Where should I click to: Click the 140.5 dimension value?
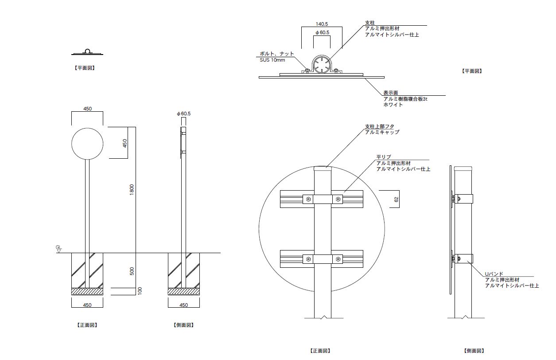[x=322, y=24]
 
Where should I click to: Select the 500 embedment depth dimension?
[x=132, y=271]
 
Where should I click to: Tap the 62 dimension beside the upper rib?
[x=397, y=200]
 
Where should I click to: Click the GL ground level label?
[x=58, y=247]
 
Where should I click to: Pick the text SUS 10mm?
[x=272, y=60]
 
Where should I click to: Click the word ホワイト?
[x=393, y=105]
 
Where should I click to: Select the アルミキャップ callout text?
[x=382, y=133]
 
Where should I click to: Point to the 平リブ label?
[x=384, y=157]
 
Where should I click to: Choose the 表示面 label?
[x=390, y=94]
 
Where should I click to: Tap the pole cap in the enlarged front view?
[x=322, y=168]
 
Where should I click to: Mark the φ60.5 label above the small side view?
[x=183, y=114]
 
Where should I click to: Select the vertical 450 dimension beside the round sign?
[x=125, y=143]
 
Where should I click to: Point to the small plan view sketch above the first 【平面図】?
[x=87, y=52]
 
